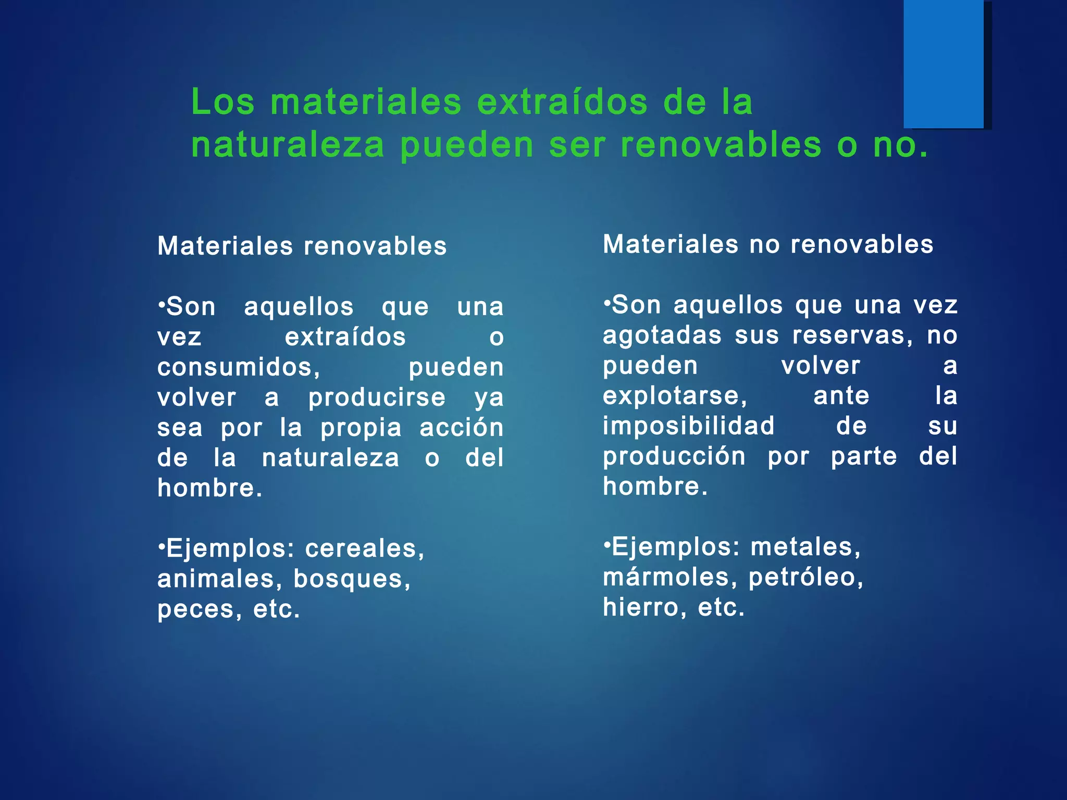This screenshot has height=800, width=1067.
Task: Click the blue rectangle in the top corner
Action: point(944,64)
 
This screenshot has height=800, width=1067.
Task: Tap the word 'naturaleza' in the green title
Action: point(288,145)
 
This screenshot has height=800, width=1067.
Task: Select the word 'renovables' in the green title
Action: point(721,145)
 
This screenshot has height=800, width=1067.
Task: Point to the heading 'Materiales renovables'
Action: point(302,246)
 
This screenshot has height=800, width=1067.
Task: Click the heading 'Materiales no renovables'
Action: point(768,244)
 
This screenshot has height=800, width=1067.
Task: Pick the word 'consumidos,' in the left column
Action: point(239,367)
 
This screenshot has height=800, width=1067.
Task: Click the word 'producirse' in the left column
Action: point(377,397)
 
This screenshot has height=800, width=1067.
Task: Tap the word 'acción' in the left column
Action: point(462,428)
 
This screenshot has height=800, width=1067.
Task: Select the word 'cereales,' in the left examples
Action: point(365,548)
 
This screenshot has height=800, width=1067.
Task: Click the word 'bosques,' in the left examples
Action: point(352,579)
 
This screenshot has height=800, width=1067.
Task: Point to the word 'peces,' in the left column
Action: point(200,609)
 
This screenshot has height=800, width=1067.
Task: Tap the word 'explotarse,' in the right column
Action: point(675,396)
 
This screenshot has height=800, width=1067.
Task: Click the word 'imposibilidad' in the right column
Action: point(689,426)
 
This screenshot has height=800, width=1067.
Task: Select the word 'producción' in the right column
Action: point(674,456)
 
